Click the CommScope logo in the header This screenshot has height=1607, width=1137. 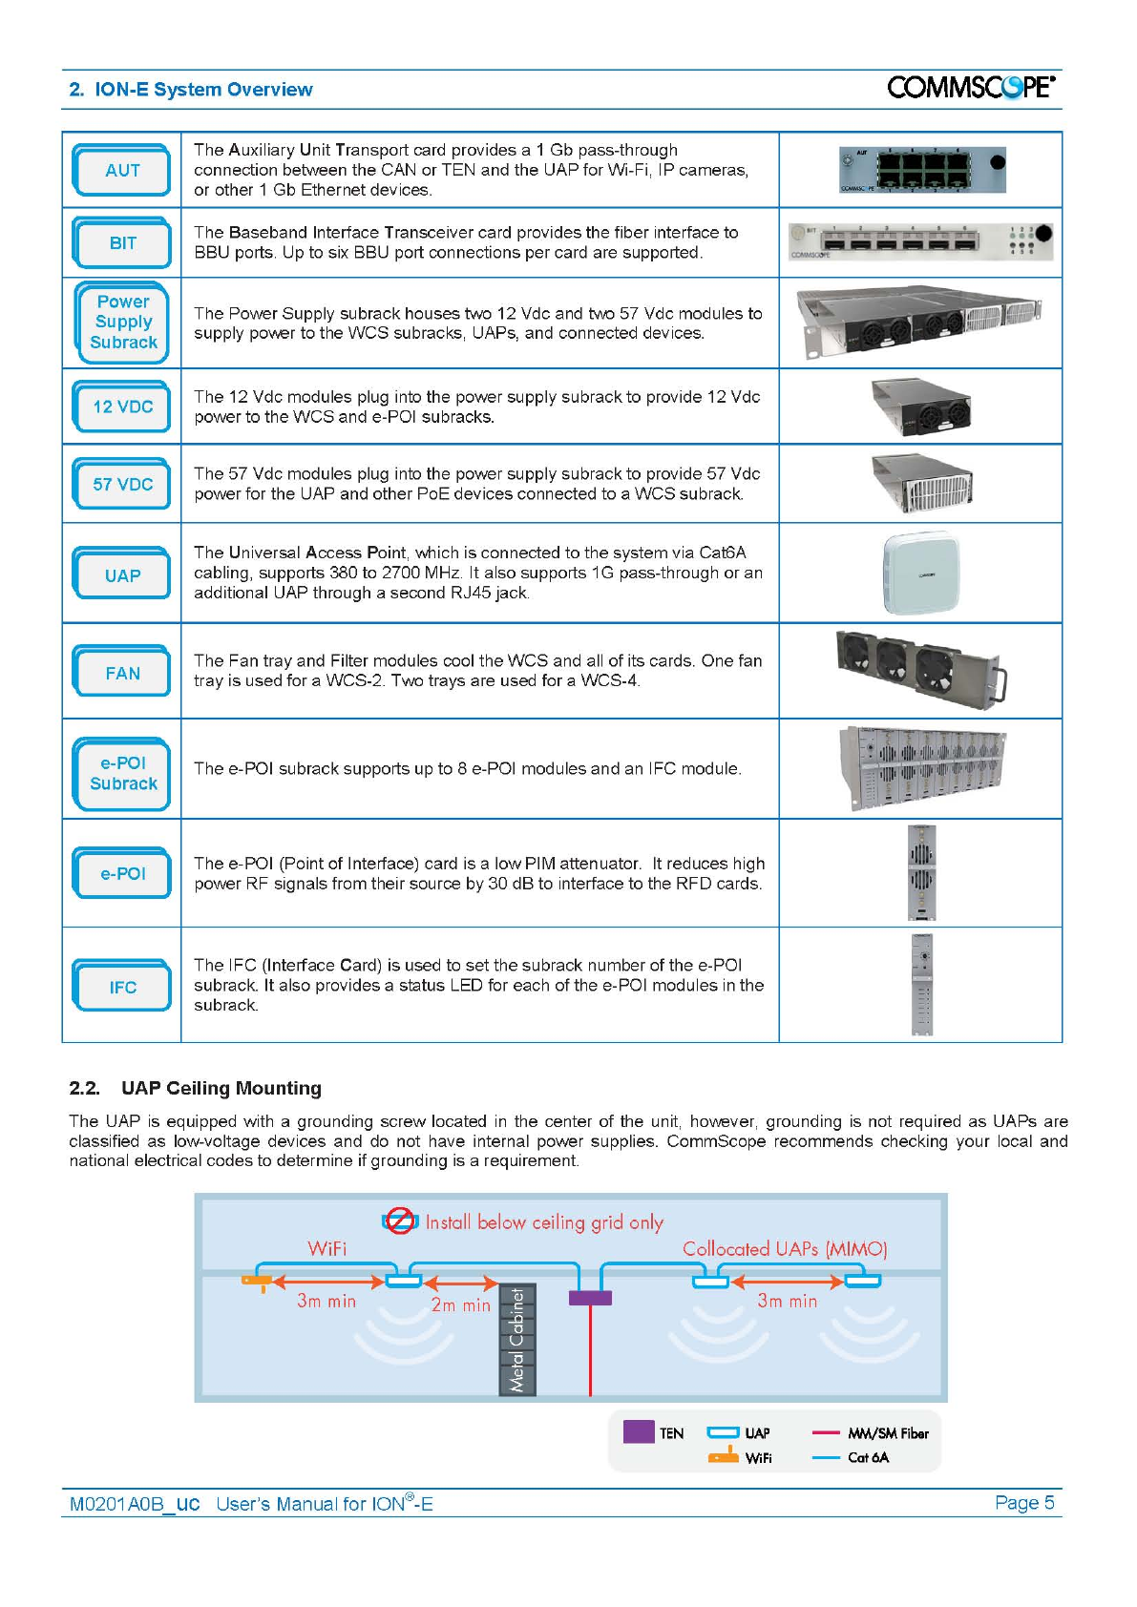click(970, 88)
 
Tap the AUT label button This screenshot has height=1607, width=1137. click(122, 171)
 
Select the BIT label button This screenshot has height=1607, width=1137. click(122, 243)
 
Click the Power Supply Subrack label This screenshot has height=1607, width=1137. click(123, 323)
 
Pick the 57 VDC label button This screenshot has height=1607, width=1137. click(122, 484)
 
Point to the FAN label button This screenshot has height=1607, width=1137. click(122, 673)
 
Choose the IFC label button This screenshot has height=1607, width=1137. click(122, 987)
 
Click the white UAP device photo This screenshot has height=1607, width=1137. click(921, 574)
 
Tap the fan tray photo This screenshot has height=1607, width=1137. click(920, 669)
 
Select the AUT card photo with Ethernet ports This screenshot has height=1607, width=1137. click(921, 171)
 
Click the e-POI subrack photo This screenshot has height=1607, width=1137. click(921, 768)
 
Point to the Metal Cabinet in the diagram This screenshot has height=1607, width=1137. click(517, 1340)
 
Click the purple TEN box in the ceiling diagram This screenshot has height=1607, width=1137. click(590, 1298)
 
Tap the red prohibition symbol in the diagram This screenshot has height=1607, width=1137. click(400, 1221)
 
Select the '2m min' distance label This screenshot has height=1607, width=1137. click(460, 1304)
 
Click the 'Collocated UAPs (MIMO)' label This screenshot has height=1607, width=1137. click(785, 1248)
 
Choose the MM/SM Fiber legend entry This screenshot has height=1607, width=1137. click(870, 1432)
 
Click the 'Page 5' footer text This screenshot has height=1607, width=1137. click(1023, 1502)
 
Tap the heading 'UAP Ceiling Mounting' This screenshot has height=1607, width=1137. click(221, 1088)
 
